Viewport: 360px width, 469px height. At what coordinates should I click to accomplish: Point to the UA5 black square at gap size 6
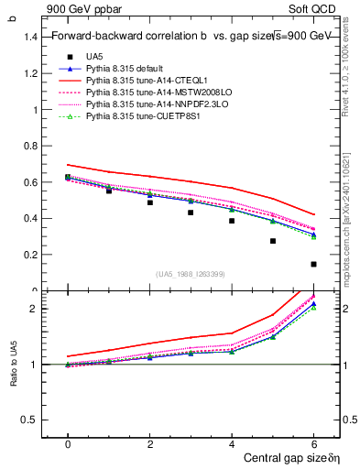[313, 264]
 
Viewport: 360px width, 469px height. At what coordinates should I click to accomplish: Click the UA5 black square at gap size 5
[273, 241]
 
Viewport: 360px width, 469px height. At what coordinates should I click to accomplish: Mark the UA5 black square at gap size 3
[191, 213]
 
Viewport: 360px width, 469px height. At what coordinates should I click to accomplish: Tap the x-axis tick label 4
[232, 444]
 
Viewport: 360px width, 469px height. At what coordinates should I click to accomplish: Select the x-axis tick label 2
[149, 444]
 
